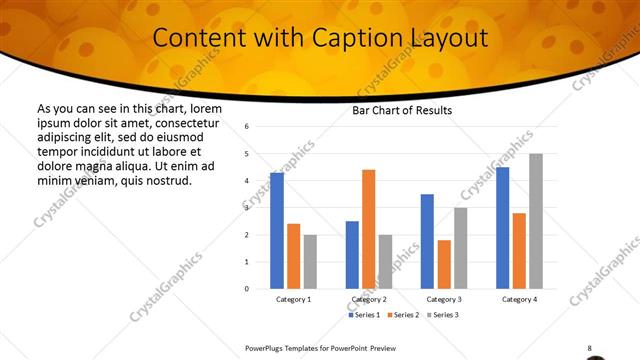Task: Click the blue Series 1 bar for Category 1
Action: point(277,231)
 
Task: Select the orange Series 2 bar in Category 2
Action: point(369,229)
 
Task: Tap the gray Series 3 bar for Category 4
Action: point(536,221)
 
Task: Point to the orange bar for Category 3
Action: point(444,264)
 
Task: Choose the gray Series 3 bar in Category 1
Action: point(310,262)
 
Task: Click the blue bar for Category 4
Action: point(502,228)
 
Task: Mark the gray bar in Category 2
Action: point(386,262)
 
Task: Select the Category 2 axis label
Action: point(369,299)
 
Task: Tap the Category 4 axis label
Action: point(519,299)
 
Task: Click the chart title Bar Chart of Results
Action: point(402,110)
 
